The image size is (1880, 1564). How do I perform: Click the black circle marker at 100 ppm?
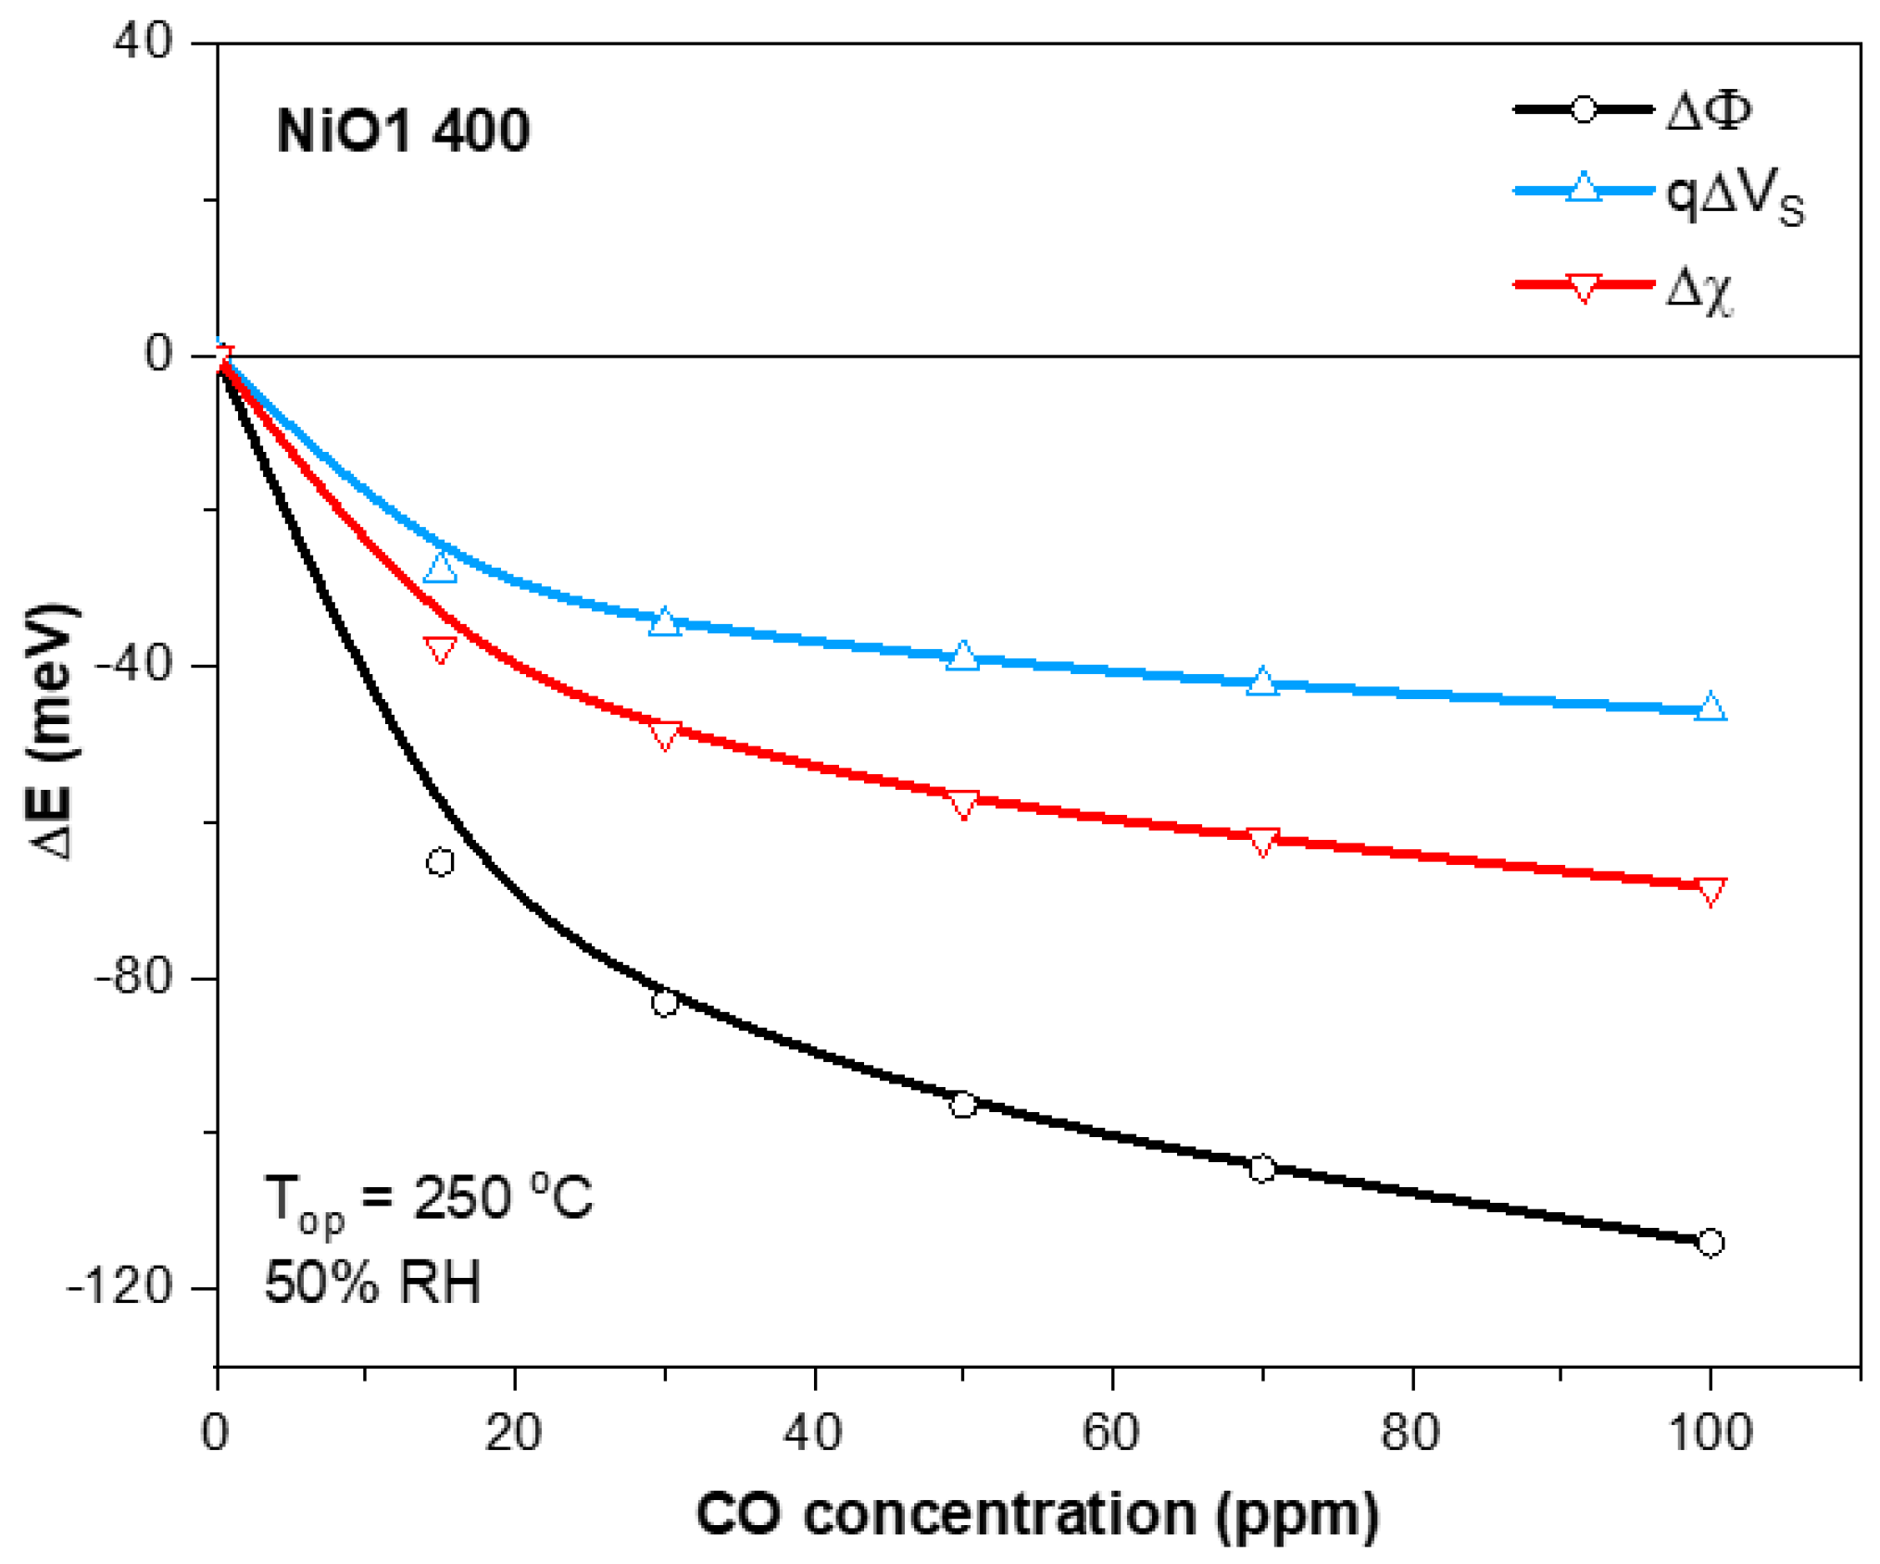click(x=1710, y=1243)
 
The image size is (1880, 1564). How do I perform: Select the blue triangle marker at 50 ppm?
click(x=963, y=657)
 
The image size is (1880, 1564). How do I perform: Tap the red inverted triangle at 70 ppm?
click(x=1262, y=842)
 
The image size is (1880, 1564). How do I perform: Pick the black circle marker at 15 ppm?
click(x=440, y=862)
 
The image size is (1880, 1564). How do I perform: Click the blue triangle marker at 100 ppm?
click(x=1711, y=707)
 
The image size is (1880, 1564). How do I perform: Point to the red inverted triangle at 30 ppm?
click(x=664, y=735)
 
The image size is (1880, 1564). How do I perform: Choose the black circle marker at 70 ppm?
click(x=1261, y=1169)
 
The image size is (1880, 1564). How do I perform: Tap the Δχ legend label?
click(x=1698, y=289)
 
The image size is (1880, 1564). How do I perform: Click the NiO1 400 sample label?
click(x=403, y=131)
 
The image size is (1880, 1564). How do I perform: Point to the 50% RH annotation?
click(x=372, y=1282)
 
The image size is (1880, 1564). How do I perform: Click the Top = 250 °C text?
click(x=428, y=1199)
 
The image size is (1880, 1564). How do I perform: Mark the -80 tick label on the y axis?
click(x=134, y=976)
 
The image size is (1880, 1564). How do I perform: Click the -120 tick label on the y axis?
click(x=120, y=1286)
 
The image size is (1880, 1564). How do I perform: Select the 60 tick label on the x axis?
click(x=1110, y=1432)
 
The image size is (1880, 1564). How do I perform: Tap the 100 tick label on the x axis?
click(x=1710, y=1432)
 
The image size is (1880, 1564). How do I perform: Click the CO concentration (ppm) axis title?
click(x=1037, y=1515)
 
